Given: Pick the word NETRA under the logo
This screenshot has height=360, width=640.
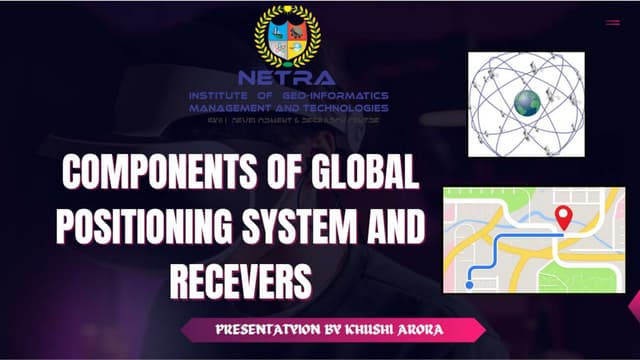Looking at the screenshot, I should coord(287,77).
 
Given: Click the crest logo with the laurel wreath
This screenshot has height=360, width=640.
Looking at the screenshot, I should coord(287,35).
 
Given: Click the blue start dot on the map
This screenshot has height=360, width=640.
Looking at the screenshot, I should coord(470,285).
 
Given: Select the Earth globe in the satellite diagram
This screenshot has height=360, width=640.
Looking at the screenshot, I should coord(526,102).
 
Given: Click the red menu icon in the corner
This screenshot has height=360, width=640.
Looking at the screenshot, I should coord(612,22).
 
